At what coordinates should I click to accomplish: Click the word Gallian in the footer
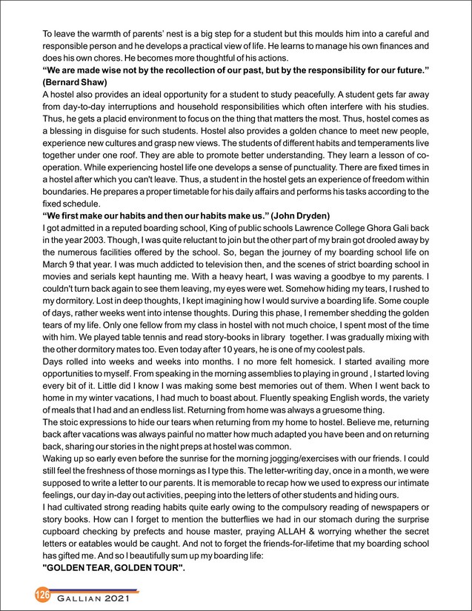82,598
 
